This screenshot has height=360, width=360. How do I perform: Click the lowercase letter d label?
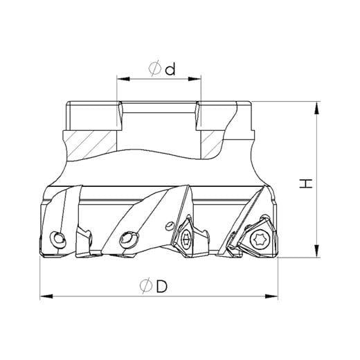170,69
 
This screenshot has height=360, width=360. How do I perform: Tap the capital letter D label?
161,286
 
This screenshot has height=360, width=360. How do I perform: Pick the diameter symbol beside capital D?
146,285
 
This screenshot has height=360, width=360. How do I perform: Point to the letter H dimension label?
306,183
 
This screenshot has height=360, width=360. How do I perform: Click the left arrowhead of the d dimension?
123,79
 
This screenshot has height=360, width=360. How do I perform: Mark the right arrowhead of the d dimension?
195,79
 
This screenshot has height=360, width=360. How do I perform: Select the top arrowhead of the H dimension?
317,107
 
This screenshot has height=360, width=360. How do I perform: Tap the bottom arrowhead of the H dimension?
317,251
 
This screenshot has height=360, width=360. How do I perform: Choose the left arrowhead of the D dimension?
46,296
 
